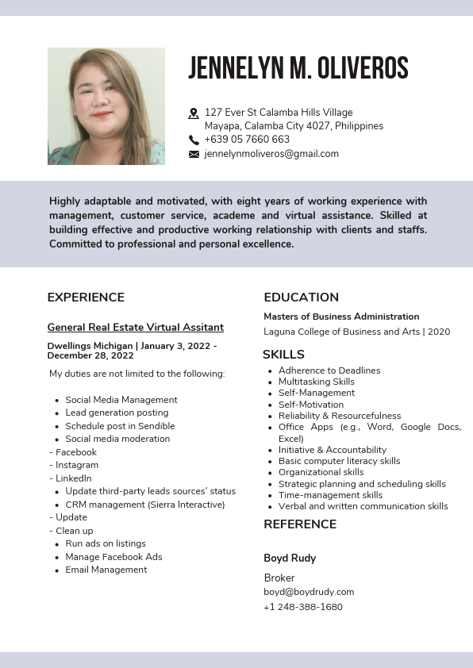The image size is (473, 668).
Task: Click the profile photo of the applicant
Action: click(x=106, y=106)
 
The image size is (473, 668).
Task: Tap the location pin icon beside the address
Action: click(x=194, y=113)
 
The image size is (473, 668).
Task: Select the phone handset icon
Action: click(x=194, y=140)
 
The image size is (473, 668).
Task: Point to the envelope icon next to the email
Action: click(x=194, y=155)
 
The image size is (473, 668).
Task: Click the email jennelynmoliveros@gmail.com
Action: click(x=271, y=154)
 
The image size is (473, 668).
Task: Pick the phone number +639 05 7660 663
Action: click(x=247, y=140)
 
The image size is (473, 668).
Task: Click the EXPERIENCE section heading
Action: click(x=86, y=298)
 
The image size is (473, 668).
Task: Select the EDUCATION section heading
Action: click(x=301, y=298)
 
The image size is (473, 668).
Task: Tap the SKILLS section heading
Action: click(x=283, y=355)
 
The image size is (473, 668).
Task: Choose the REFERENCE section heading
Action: click(x=300, y=524)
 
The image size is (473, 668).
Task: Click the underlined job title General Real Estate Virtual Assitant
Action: click(x=135, y=327)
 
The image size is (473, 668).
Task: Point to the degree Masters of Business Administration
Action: click(x=341, y=317)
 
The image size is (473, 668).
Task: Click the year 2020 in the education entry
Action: click(x=438, y=332)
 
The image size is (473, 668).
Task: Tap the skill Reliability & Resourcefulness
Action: click(x=340, y=416)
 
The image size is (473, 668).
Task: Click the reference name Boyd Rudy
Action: click(x=290, y=559)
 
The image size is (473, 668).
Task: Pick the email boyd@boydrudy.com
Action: click(x=309, y=592)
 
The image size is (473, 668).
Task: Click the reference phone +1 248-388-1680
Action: click(x=302, y=607)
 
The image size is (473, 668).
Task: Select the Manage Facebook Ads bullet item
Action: click(x=113, y=557)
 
